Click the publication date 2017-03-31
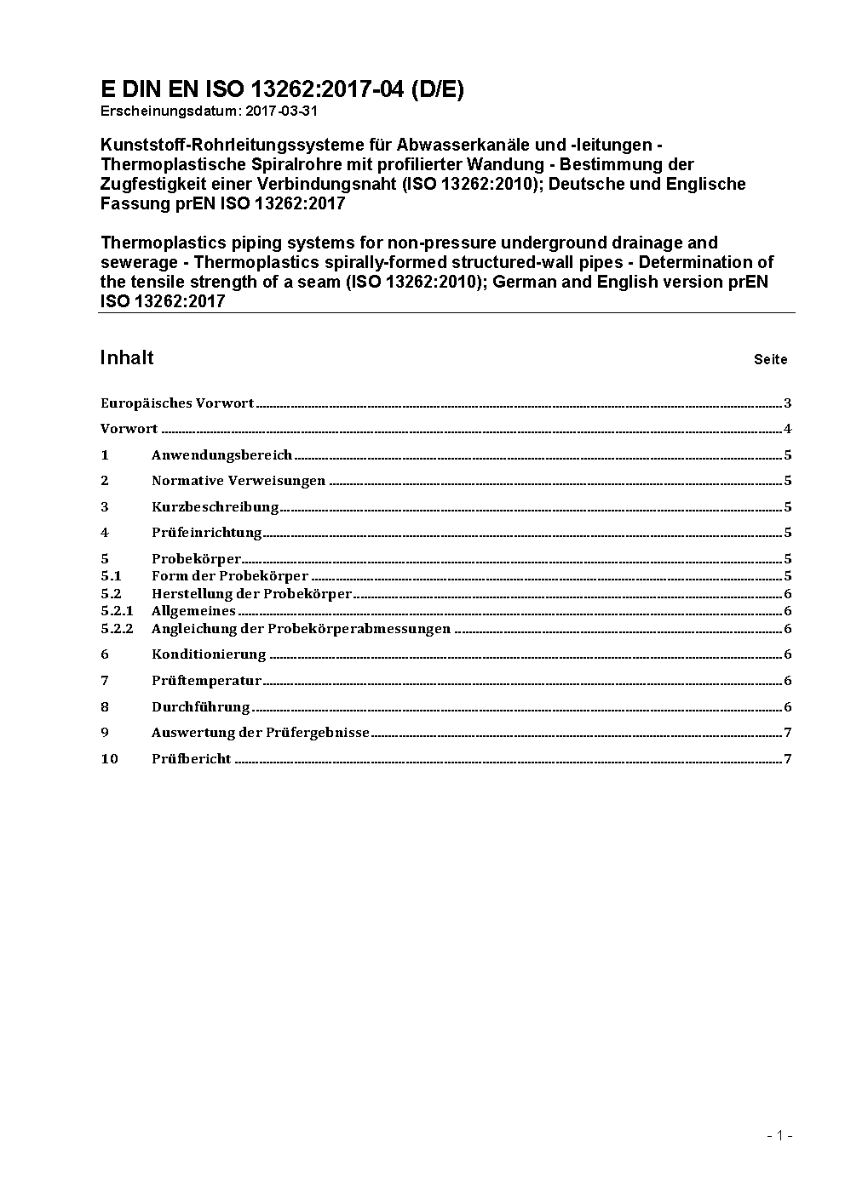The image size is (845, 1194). pos(282,111)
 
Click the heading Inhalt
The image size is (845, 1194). pos(127,357)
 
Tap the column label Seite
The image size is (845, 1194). pos(770,359)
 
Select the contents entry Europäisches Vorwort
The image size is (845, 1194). pos(177,403)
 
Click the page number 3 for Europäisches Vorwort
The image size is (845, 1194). pos(788,403)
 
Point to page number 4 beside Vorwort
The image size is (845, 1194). pos(788,429)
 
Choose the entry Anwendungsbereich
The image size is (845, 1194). pos(221,455)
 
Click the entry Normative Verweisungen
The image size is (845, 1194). pos(239,481)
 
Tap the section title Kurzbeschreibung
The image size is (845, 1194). pos(216,507)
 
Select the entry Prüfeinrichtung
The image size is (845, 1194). pos(207,533)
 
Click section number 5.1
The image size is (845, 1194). pos(111,576)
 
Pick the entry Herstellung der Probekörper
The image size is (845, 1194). pos(251,594)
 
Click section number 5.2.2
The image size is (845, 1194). pos(117,629)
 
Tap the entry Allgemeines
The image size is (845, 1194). pos(193,611)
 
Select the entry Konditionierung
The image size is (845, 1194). pos(209,654)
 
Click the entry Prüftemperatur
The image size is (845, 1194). pos(206,681)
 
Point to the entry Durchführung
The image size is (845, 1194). pos(201,707)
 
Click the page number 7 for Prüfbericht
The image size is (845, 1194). pos(788,759)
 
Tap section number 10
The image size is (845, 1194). pos(109,759)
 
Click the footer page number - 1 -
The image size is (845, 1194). pos(779,1135)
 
